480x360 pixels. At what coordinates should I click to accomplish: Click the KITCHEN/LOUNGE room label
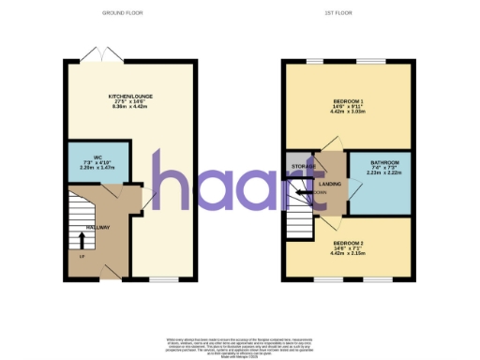(130, 96)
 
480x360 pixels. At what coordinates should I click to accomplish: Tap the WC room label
(97, 157)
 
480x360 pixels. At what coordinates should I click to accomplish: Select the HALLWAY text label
(98, 228)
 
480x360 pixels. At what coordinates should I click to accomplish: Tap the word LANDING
(330, 184)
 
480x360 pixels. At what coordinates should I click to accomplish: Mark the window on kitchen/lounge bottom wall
(164, 278)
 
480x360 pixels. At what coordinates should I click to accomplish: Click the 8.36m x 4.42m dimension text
(130, 108)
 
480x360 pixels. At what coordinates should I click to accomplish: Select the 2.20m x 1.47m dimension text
(97, 170)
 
